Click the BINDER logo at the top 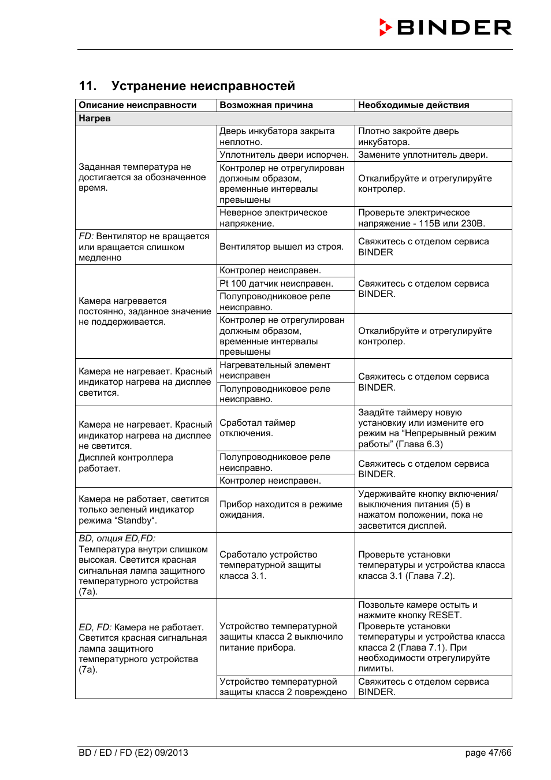click(445, 27)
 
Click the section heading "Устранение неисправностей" click(203, 86)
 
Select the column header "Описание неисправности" click(137, 105)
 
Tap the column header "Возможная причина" click(266, 105)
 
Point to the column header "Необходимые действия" click(414, 105)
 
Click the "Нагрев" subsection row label click(95, 118)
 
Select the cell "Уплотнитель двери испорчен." click(284, 155)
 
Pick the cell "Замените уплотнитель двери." click(423, 155)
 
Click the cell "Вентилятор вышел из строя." click(281, 247)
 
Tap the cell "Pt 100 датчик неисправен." click(276, 284)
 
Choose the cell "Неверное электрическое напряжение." click(273, 218)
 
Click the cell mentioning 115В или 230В click(421, 218)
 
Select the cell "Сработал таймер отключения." click(258, 428)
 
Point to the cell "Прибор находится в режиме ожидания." click(281, 510)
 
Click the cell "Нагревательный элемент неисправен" click(275, 370)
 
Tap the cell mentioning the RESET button click(431, 636)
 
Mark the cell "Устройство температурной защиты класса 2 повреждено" click(283, 687)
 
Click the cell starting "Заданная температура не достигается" click(142, 177)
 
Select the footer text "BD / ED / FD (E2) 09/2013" click(133, 752)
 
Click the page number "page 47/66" click(488, 752)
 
